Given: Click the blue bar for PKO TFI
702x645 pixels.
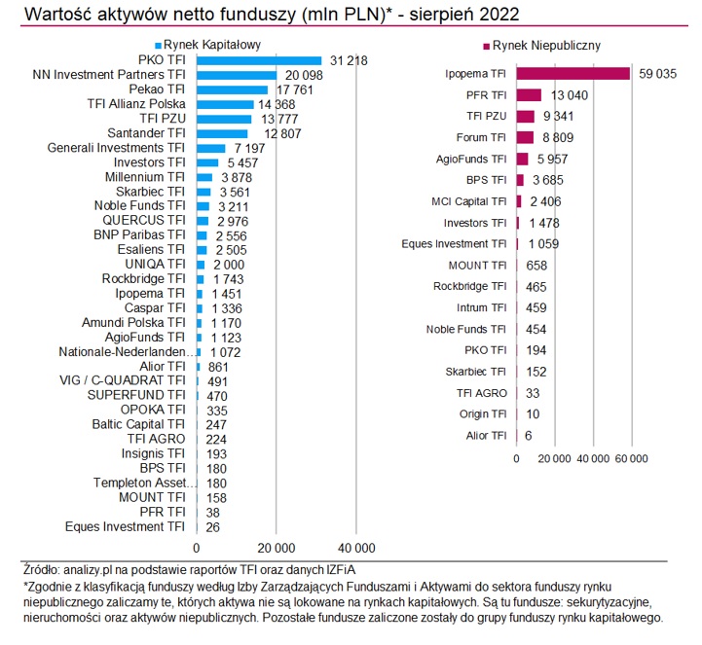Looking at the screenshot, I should coord(259,60).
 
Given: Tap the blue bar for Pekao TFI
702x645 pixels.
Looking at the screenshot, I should coord(232,90).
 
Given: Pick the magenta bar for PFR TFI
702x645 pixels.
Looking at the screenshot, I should coord(529,94).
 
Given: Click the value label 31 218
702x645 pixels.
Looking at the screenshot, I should coord(348,60).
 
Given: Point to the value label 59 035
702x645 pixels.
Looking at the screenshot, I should coord(657,73).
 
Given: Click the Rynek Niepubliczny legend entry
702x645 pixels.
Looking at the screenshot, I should coord(545,45).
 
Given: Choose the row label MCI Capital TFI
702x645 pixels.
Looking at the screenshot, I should coord(468,201).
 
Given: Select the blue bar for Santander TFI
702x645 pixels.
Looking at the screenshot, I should coord(222,133).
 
